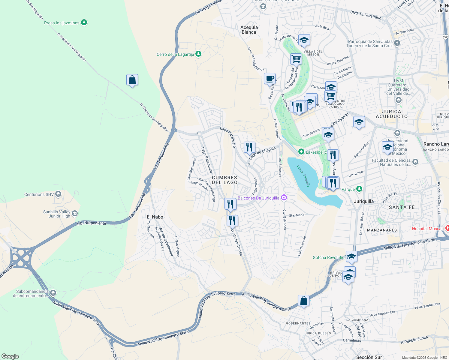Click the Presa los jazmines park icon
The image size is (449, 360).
[x=84, y=23]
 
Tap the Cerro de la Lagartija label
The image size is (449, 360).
[x=175, y=54]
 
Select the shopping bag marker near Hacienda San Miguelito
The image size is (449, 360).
[x=132, y=80]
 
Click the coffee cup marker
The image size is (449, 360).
[x=270, y=79]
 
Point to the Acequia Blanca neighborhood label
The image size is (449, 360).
[x=249, y=30]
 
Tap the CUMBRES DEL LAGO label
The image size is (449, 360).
[x=224, y=180]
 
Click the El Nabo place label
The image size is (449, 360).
[x=155, y=217]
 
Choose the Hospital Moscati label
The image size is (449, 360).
[x=427, y=229]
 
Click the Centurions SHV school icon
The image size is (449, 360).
[x=58, y=194]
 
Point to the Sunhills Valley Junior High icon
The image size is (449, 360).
[x=75, y=214]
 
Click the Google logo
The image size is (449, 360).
[x=10, y=356]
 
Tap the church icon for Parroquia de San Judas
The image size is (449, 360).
[x=397, y=43]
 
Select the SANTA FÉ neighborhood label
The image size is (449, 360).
[x=402, y=207]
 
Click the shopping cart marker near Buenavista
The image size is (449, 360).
[x=296, y=59]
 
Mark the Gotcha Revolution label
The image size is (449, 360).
[x=329, y=257]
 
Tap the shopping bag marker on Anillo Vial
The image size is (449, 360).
[x=303, y=301]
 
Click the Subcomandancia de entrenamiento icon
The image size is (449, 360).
[x=53, y=293]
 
